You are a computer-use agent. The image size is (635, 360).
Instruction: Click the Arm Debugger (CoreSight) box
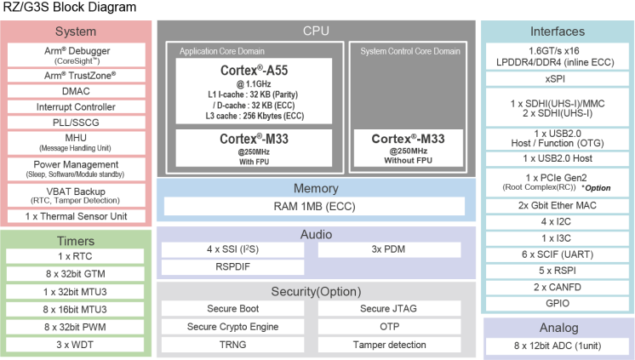pyautogui.click(x=76, y=54)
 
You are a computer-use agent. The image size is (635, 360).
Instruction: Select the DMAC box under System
pyautogui.click(x=76, y=91)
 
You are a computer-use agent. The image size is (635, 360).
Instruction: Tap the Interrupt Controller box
pyautogui.click(x=76, y=107)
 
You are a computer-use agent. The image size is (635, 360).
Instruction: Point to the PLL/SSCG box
pyautogui.click(x=76, y=123)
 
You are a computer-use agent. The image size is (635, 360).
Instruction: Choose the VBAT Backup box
pyautogui.click(x=76, y=195)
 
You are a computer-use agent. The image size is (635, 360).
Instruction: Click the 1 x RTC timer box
pyautogui.click(x=76, y=256)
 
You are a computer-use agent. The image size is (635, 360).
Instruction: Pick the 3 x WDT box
pyautogui.click(x=76, y=344)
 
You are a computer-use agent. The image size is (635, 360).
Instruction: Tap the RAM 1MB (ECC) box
pyautogui.click(x=314, y=206)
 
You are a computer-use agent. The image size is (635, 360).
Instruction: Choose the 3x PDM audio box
pyautogui.click(x=389, y=250)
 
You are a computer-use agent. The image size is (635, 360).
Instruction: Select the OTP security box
pyautogui.click(x=389, y=327)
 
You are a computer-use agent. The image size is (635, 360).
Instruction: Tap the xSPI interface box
pyautogui.click(x=557, y=79)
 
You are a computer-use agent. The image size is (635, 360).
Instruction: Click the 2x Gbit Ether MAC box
pyautogui.click(x=557, y=205)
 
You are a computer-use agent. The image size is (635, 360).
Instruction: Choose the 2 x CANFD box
pyautogui.click(x=557, y=287)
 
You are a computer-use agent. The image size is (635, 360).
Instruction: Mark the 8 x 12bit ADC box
pyautogui.click(x=557, y=346)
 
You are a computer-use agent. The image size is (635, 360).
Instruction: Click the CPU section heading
pyautogui.click(x=316, y=31)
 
